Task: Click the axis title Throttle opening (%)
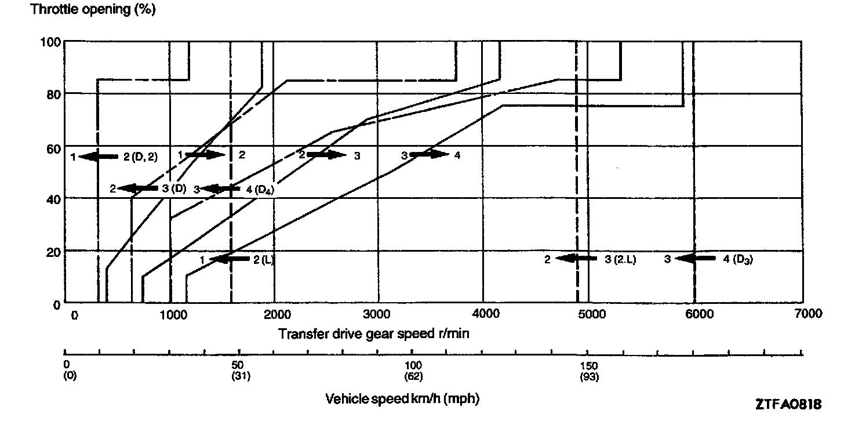tap(93, 10)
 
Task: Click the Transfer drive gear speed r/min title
tap(373, 334)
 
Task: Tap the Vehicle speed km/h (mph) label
tap(402, 399)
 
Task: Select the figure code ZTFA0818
tap(788, 405)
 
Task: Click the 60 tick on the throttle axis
tap(53, 146)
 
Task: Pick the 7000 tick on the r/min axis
tap(807, 314)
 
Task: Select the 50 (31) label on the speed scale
tap(238, 371)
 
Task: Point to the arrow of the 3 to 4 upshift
tap(429, 155)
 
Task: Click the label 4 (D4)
tap(263, 189)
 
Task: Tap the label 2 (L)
tap(263, 259)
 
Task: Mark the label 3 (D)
tap(174, 188)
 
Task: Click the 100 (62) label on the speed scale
tap(413, 371)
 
